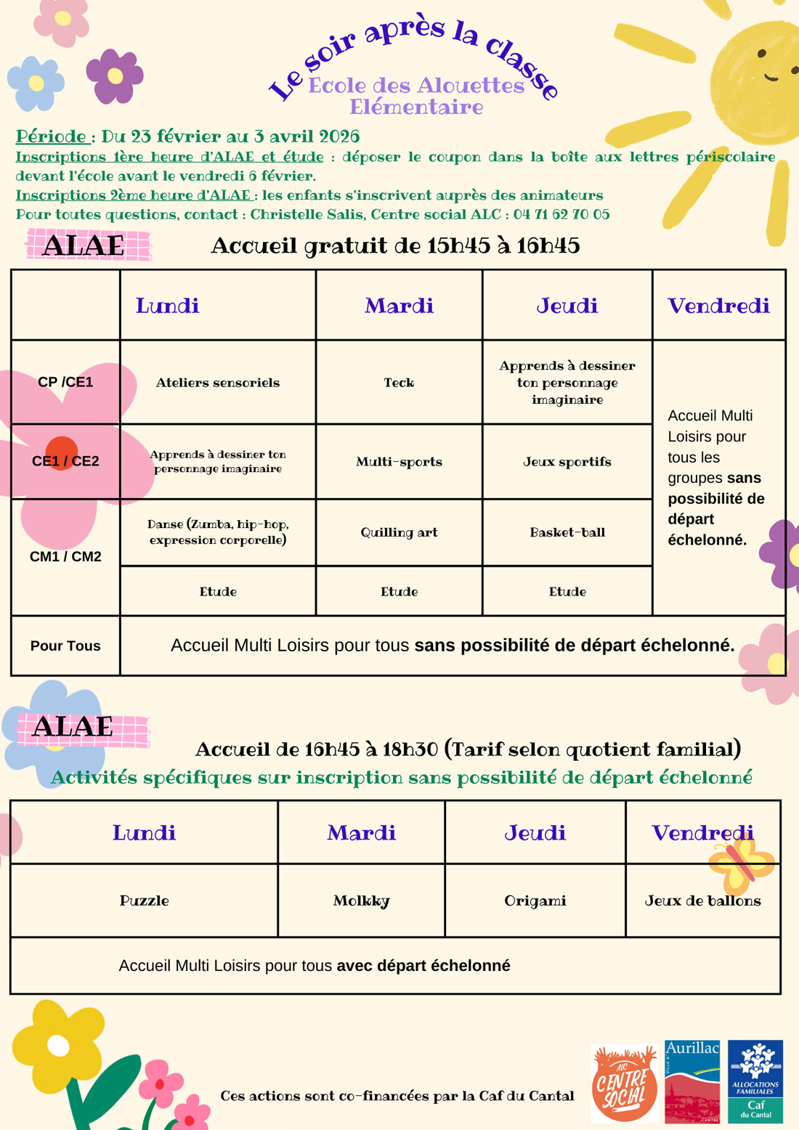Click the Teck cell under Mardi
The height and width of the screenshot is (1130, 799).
pos(399,383)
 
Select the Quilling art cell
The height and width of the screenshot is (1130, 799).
pos(399,532)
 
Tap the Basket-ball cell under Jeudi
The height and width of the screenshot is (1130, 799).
pos(567,532)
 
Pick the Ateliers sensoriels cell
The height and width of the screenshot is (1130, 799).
pos(218,383)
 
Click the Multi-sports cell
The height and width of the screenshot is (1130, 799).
pos(399,462)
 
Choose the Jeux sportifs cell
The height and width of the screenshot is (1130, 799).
pos(567,462)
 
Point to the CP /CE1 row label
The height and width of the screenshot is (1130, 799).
pos(65,382)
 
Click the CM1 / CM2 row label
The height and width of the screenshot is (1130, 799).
pos(65,557)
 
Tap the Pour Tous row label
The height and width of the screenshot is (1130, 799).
pos(65,646)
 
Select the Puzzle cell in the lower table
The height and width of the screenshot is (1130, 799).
pos(144,901)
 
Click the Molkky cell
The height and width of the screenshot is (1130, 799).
pos(361,901)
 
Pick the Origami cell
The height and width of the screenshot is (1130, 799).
pos(535,901)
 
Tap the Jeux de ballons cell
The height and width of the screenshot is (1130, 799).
pos(702,901)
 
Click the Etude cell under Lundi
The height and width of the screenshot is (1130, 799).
pos(218,592)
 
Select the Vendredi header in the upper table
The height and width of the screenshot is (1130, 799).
pos(718,306)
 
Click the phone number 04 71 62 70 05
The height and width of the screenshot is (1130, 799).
pos(561,214)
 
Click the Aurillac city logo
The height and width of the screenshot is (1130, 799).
pos(692,1081)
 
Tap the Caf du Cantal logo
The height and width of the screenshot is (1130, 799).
pos(755,1081)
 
